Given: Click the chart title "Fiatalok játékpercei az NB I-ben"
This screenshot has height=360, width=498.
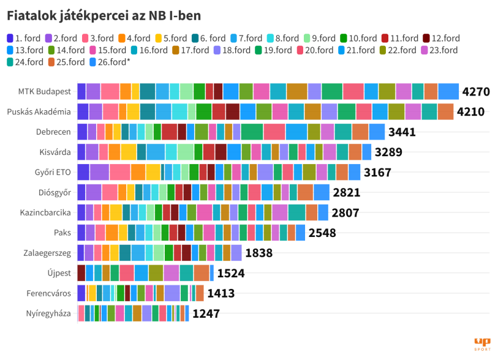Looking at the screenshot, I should point(104,13).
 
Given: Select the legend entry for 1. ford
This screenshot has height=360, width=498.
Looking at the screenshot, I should point(24,38).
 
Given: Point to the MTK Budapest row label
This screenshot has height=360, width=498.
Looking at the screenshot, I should point(44,92).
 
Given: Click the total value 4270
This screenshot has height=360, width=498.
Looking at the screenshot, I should point(476,92).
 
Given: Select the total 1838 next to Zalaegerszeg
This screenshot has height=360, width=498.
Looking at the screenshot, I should point(258,253).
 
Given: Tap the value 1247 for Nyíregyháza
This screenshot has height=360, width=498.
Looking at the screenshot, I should point(206,313).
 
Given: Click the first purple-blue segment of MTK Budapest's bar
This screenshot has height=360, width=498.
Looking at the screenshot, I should point(81,91).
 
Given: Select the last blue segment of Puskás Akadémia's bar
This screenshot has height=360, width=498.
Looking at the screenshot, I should point(446,112).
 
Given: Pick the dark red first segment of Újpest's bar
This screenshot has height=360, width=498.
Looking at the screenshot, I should point(81,273).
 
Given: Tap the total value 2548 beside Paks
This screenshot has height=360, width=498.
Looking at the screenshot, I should point(322,233).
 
